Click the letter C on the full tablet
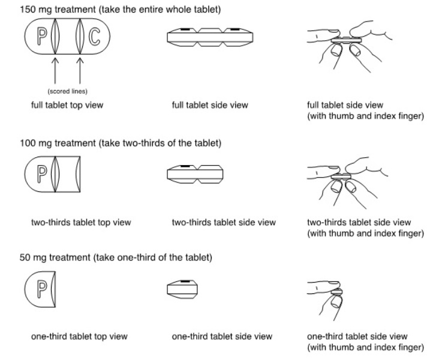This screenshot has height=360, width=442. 94,37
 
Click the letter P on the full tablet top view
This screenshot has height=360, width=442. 42,37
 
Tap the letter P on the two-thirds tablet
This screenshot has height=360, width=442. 42,174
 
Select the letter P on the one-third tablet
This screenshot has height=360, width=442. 42,289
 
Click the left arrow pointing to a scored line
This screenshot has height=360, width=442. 55,71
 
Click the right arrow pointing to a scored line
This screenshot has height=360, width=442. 80,71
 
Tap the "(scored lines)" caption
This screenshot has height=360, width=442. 67,91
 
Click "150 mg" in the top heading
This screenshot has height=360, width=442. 36,10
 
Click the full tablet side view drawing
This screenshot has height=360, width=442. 210,37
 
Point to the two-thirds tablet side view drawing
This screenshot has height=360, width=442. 195,174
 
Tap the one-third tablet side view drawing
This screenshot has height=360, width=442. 182,289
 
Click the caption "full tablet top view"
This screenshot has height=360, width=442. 67,105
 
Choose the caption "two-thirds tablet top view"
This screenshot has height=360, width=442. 81,223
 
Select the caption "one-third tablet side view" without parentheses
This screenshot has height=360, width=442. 222,337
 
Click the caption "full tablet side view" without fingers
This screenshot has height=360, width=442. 210,105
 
